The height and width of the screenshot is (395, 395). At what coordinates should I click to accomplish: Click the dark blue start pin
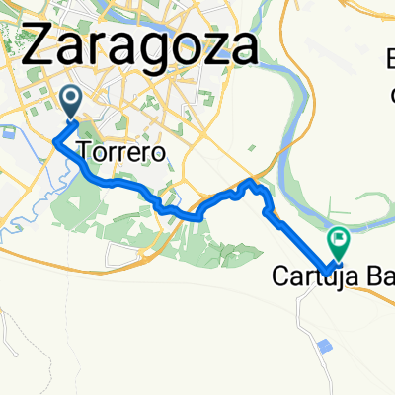click(72, 98)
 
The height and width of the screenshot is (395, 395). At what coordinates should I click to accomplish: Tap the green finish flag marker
click(339, 238)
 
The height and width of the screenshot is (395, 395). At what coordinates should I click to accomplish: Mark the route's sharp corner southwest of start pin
click(53, 140)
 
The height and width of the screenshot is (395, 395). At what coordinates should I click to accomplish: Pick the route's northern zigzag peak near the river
click(251, 182)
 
